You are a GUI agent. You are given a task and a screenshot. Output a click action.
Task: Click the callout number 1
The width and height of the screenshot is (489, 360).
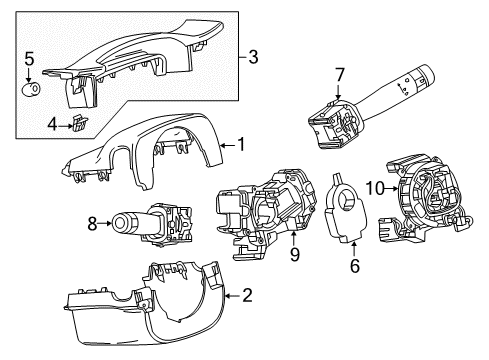point(239,144)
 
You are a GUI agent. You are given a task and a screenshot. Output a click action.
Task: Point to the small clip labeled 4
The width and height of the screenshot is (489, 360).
point(75,124)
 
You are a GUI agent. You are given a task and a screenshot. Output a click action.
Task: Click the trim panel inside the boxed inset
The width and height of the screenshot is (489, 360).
point(140,60)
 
